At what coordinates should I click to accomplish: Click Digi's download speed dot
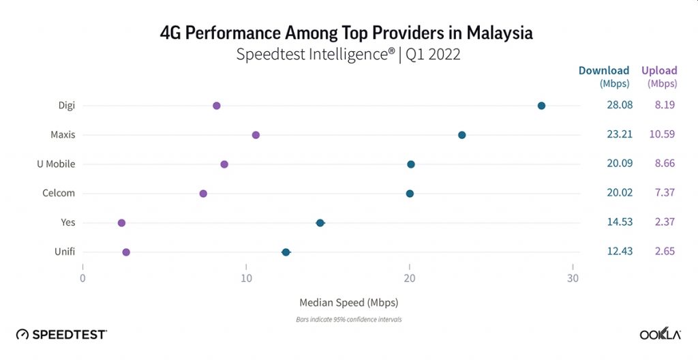(x=541, y=106)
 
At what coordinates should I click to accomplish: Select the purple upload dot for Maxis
(x=256, y=135)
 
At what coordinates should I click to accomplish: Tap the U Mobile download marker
(x=411, y=164)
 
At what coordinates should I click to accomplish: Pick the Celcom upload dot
(x=203, y=194)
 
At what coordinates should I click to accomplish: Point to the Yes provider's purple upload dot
(x=121, y=223)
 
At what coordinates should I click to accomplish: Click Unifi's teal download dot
(x=286, y=252)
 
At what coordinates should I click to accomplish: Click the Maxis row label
(x=63, y=135)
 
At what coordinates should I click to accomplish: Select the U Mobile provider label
(x=56, y=164)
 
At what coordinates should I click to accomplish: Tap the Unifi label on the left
(x=65, y=252)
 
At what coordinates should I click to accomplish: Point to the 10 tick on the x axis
(x=246, y=278)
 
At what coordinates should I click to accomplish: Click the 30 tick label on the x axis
(x=573, y=278)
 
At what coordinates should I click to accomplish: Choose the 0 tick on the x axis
(x=82, y=278)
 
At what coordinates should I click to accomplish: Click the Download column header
(x=604, y=70)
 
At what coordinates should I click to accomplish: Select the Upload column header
(x=659, y=70)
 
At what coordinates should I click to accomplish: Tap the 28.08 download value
(x=620, y=106)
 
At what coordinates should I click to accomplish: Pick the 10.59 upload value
(x=662, y=135)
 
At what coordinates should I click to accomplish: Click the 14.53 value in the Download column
(x=620, y=223)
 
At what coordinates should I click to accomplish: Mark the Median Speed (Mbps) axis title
(x=348, y=302)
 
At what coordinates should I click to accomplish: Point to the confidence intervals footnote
(x=348, y=319)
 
